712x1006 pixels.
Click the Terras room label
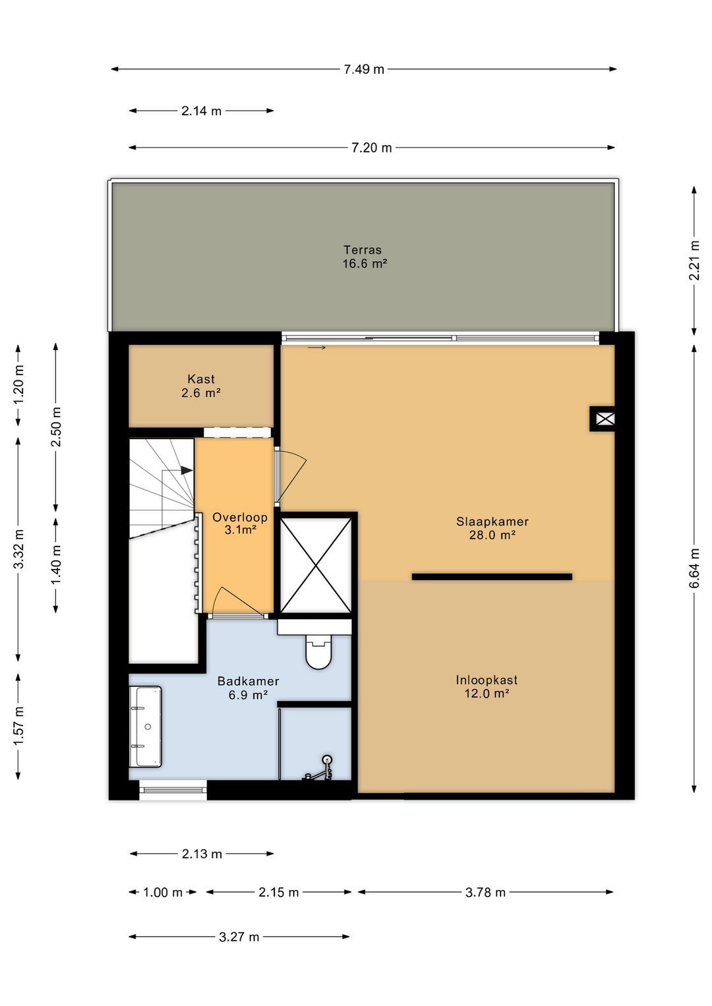point(363,250)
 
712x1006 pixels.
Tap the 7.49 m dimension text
point(364,69)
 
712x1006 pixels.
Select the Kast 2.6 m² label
point(201,386)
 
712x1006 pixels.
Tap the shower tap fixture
point(320,769)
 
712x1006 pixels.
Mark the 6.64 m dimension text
point(694,568)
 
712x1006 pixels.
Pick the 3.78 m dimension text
point(485,892)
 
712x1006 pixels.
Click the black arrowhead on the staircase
point(187,470)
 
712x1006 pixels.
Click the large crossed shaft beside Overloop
point(315,565)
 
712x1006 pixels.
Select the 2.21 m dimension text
point(694,260)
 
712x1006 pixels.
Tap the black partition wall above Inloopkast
point(492,577)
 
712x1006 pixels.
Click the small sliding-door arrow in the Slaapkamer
point(316,347)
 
